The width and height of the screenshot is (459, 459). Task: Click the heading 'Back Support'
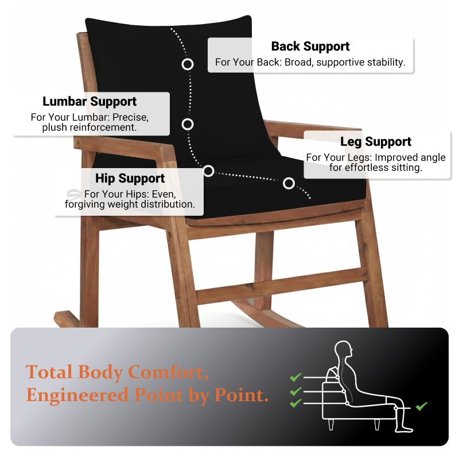pyautogui.click(x=310, y=46)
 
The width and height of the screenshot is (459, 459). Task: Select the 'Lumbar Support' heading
pyautogui.click(x=90, y=102)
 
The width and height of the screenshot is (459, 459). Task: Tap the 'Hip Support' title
pyautogui.click(x=130, y=178)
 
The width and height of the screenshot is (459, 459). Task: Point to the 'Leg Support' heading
pyautogui.click(x=376, y=142)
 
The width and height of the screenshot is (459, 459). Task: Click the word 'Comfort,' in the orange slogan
pyautogui.click(x=168, y=372)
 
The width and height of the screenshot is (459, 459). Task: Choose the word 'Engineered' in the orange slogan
pyautogui.click(x=77, y=395)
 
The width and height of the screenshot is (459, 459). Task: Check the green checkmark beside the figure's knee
pyautogui.click(x=422, y=406)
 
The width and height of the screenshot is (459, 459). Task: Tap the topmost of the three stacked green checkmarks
pyautogui.click(x=295, y=377)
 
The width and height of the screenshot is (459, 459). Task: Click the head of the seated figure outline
pyautogui.click(x=344, y=349)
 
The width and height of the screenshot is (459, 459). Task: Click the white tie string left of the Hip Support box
pyautogui.click(x=74, y=193)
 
